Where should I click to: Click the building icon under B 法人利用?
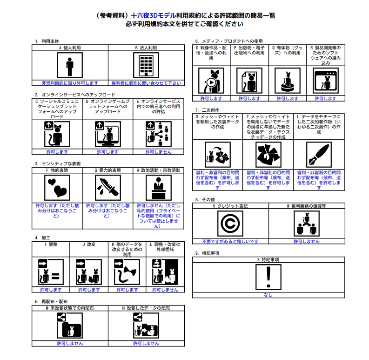pyautogui.click(x=146, y=65)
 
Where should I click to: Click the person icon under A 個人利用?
pyautogui.click(x=70, y=65)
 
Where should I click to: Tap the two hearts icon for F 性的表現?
pyautogui.click(x=57, y=188)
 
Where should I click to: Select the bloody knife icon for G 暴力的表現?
pyautogui.click(x=108, y=188)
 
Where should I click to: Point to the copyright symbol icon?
pyautogui.click(x=230, y=224)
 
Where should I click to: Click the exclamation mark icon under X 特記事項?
pyautogui.click(x=268, y=277)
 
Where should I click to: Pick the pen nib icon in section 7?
pyautogui.click(x=319, y=155)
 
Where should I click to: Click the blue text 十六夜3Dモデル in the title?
pyautogui.click(x=154, y=15)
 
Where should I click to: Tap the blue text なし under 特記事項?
pyautogui.click(x=268, y=295)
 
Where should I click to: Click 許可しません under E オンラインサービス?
pyautogui.click(x=158, y=152)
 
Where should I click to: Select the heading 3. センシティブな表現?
pyautogui.click(x=58, y=164)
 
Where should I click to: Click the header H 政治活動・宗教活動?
pyautogui.click(x=158, y=170)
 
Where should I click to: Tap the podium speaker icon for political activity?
pyautogui.click(x=159, y=188)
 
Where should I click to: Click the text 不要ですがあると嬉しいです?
pyautogui.click(x=230, y=242)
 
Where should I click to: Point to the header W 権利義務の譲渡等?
pyautogui.click(x=307, y=206)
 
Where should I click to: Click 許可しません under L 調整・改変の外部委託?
pyautogui.click(x=165, y=290)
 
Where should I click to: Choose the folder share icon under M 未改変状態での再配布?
pyautogui.click(x=70, y=326)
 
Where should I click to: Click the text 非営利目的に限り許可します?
pyautogui.click(x=70, y=83)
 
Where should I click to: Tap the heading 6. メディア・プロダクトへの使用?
pyautogui.click(x=229, y=41)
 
